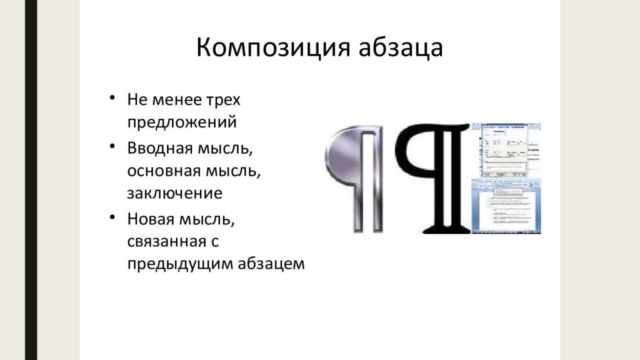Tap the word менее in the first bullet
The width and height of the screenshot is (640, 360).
tap(175, 100)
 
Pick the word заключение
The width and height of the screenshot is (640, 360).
tap(174, 192)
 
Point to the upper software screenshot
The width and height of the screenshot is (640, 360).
tap(506, 148)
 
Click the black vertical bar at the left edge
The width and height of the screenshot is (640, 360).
tap(28, 180)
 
